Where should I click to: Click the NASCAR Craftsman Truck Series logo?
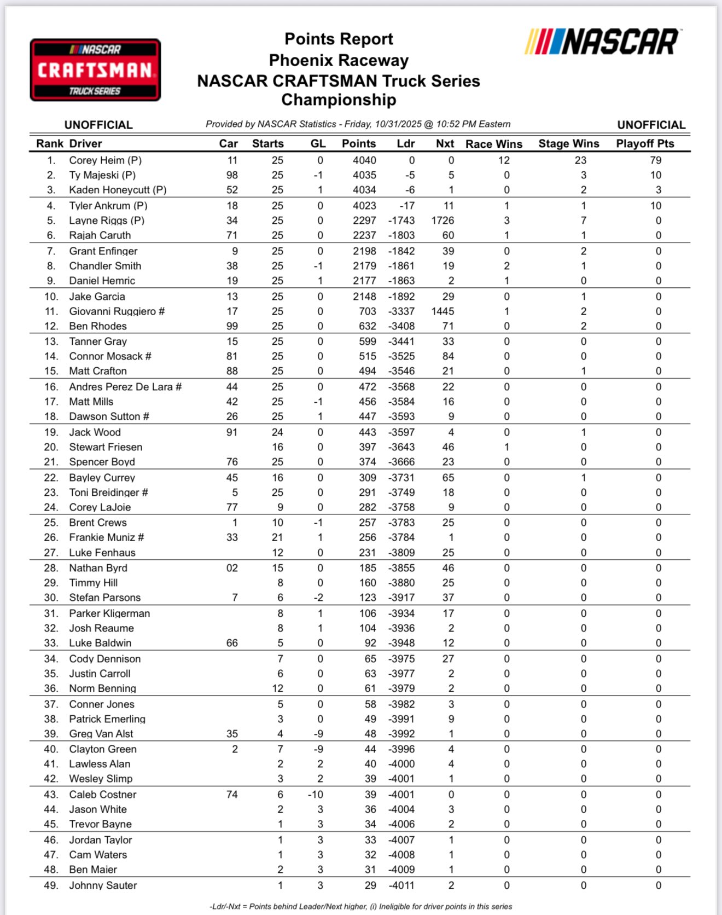coord(95,70)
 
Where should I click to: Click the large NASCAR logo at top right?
coord(602,42)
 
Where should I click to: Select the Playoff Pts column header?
coord(645,144)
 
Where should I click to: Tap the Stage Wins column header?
coord(568,144)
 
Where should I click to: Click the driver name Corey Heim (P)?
coord(105,160)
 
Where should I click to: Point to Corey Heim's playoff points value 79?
coord(655,160)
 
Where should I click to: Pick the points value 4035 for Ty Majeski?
coord(364,175)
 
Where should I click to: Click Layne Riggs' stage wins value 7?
coord(583,221)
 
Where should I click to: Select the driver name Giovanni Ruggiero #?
coord(117,311)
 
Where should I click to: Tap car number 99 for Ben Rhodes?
coord(232,326)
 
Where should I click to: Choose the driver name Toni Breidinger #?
coord(108,493)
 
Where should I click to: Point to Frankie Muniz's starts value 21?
coord(277,537)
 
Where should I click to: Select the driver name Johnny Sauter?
coord(103,885)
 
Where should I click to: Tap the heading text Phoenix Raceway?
coord(339,60)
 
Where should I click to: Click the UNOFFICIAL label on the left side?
coord(98,125)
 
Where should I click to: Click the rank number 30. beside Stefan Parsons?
coord(51,598)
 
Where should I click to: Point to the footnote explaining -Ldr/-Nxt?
coord(360,907)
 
